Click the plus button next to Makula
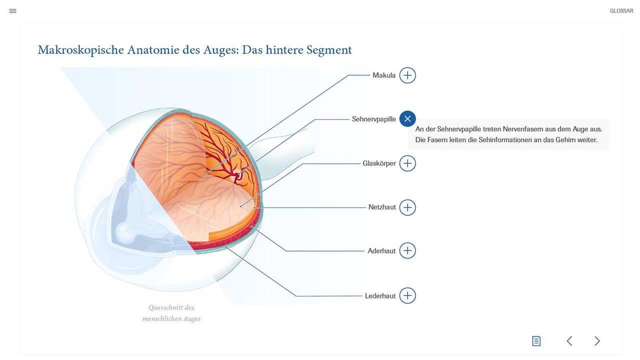coord(407,75)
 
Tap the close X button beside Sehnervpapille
coord(407,118)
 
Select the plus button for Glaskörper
coord(407,163)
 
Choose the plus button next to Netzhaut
coord(407,207)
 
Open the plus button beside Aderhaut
coord(407,250)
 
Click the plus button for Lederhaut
coord(407,295)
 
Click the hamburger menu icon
coord(13,11)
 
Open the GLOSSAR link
coord(621,11)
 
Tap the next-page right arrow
coord(597,341)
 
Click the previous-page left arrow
coord(569,341)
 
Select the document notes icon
coord(536,341)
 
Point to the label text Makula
coord(384,75)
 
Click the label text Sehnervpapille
coord(373,119)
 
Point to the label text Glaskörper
coord(379,163)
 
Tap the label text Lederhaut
coord(380,295)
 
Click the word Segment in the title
coord(329,50)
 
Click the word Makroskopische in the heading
coord(81,50)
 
